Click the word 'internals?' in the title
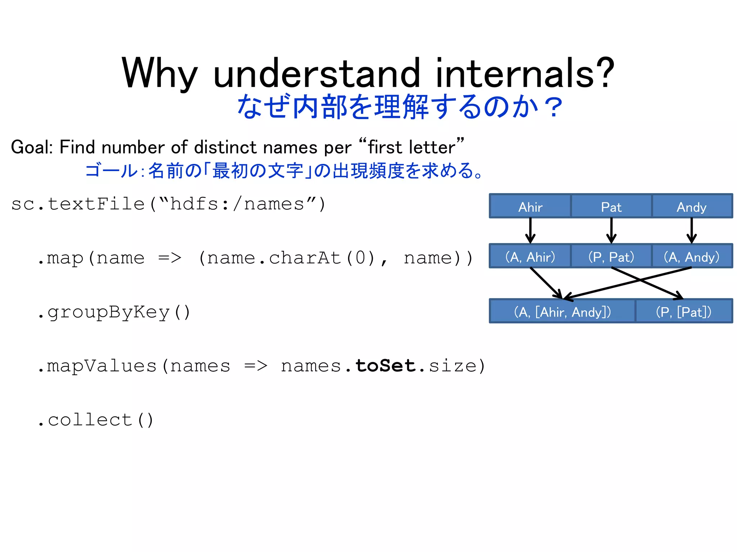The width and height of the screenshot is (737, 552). tap(525, 74)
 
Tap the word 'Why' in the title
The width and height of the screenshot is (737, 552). tap(159, 74)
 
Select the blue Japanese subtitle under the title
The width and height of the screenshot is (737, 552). tap(399, 107)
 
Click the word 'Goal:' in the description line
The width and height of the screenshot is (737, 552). tap(32, 147)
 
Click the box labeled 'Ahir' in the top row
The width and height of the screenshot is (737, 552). tap(530, 207)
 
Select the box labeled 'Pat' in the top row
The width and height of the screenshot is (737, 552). tap(611, 207)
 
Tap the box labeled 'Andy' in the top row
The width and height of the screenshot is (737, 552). tap(692, 207)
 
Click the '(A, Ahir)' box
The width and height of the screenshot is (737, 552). tap(530, 257)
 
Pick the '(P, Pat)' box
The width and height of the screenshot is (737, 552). tap(611, 257)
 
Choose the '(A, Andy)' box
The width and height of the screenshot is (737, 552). tap(692, 257)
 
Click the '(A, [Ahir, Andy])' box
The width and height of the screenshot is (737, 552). tap(562, 312)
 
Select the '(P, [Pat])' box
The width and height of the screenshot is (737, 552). tap(684, 312)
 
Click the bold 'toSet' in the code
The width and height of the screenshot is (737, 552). tap(385, 366)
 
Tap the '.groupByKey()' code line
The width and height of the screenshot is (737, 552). tap(113, 312)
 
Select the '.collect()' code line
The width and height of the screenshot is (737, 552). tap(95, 420)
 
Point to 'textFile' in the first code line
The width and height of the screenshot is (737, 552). tap(96, 204)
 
